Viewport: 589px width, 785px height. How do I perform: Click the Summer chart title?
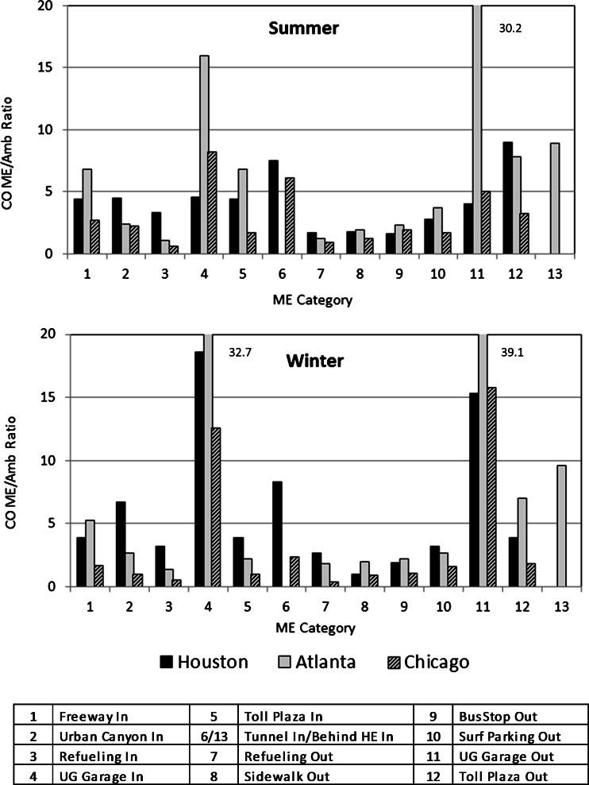tap(303, 29)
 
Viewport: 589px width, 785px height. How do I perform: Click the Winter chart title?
tap(315, 361)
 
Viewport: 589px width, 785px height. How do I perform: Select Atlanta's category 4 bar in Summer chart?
tap(204, 155)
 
